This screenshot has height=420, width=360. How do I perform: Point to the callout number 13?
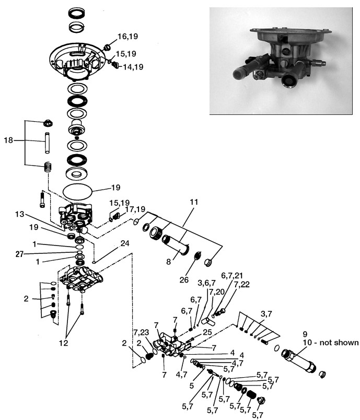(x=20, y=214)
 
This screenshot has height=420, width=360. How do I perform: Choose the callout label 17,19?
(x=135, y=209)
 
